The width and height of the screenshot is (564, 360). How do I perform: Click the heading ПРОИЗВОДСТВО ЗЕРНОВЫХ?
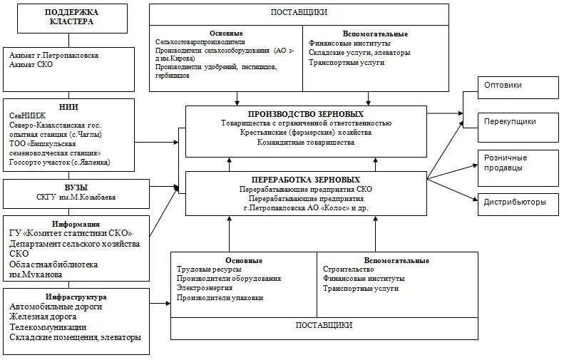[x=306, y=114]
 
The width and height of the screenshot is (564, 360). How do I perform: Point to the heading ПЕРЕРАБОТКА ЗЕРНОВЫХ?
[x=306, y=180]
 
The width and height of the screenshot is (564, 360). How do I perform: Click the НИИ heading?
[x=70, y=106]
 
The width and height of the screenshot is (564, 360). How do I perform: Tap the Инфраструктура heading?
[x=76, y=297]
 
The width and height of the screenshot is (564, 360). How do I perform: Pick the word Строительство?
[x=349, y=269]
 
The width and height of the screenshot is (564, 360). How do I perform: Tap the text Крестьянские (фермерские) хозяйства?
[x=306, y=133]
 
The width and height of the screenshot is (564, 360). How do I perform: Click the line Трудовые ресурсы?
[x=209, y=269]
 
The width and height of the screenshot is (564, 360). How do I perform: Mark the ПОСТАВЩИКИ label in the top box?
[x=299, y=12]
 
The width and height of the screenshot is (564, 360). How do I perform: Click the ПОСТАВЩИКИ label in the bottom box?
[x=324, y=325]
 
